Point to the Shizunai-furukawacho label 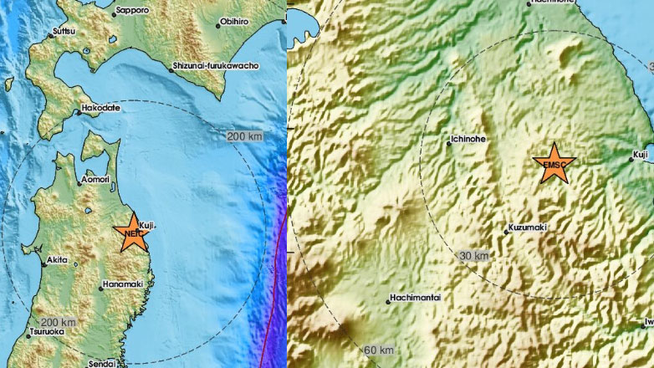216,65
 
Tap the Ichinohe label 470,140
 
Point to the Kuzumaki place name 529,227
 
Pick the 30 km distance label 474,254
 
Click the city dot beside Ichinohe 449,144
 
